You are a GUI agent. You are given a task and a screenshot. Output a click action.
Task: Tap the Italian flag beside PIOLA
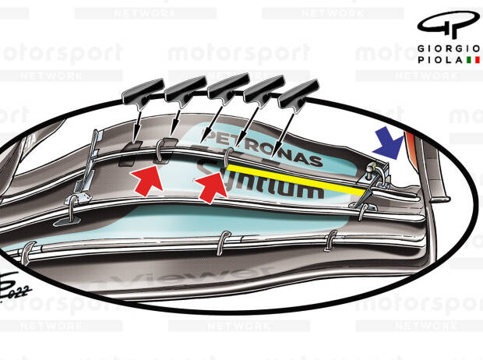[473, 59]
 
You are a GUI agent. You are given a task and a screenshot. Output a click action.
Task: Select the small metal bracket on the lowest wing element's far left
[28, 249]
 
